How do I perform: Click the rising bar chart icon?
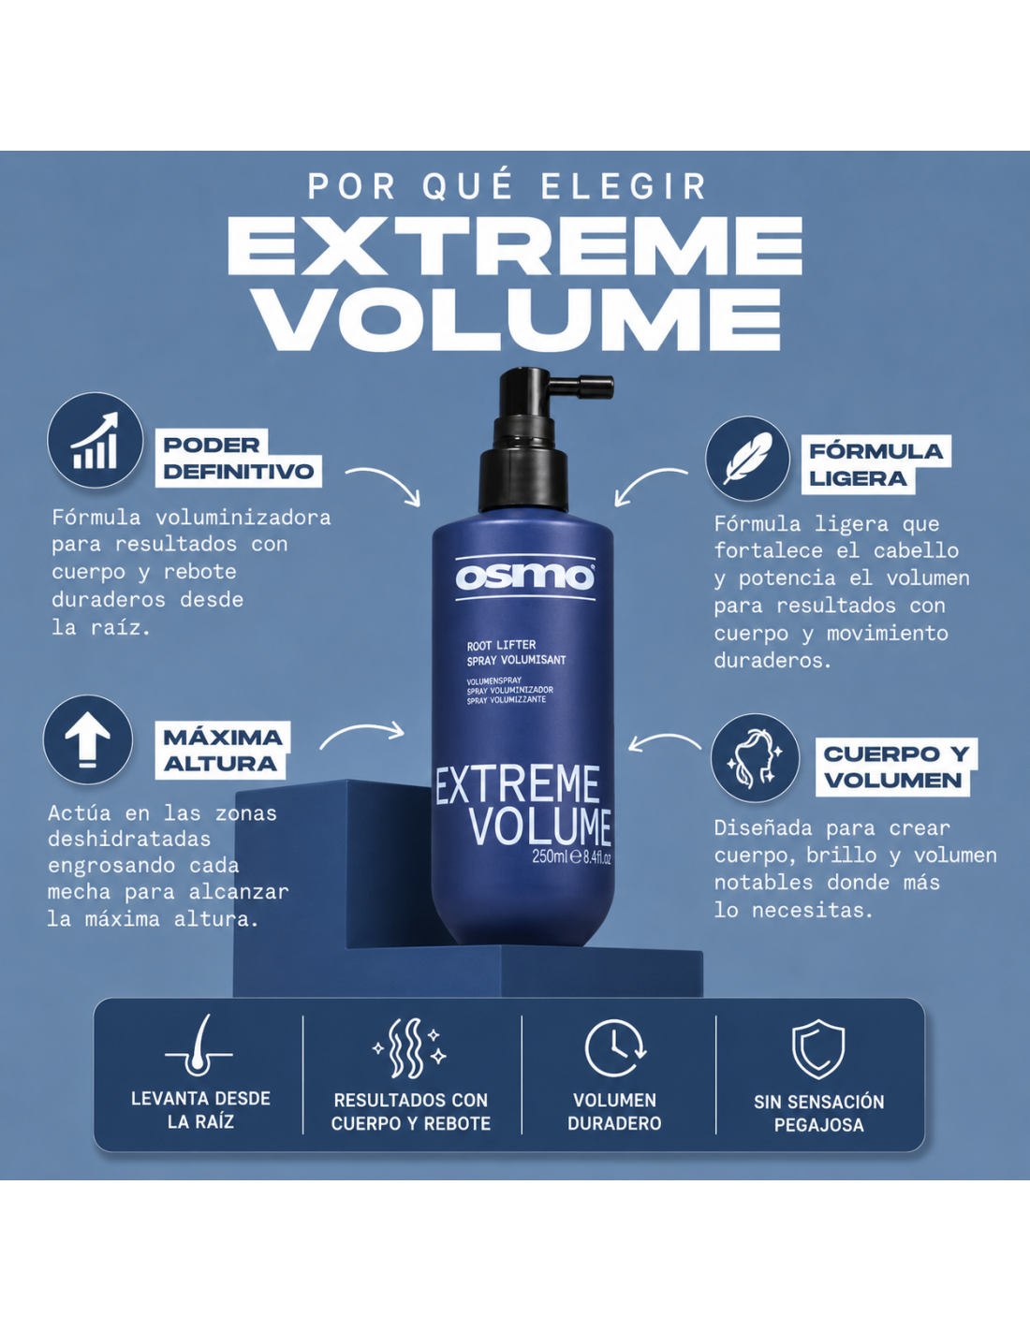(95, 441)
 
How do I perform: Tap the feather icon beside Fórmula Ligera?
(747, 458)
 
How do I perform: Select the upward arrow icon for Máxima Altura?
(88, 739)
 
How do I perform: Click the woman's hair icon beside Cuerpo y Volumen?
(755, 757)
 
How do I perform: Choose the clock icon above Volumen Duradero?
(614, 1047)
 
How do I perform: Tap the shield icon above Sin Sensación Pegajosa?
(818, 1048)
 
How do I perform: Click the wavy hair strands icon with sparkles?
(409, 1048)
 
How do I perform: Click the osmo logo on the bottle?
(524, 577)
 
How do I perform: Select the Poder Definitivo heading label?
(239, 458)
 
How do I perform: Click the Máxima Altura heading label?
(223, 751)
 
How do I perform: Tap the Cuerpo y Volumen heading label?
(896, 767)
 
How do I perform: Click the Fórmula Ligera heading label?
(876, 465)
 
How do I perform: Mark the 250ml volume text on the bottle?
(550, 856)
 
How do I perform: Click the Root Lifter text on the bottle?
(501, 645)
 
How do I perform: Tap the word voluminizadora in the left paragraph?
(243, 518)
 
